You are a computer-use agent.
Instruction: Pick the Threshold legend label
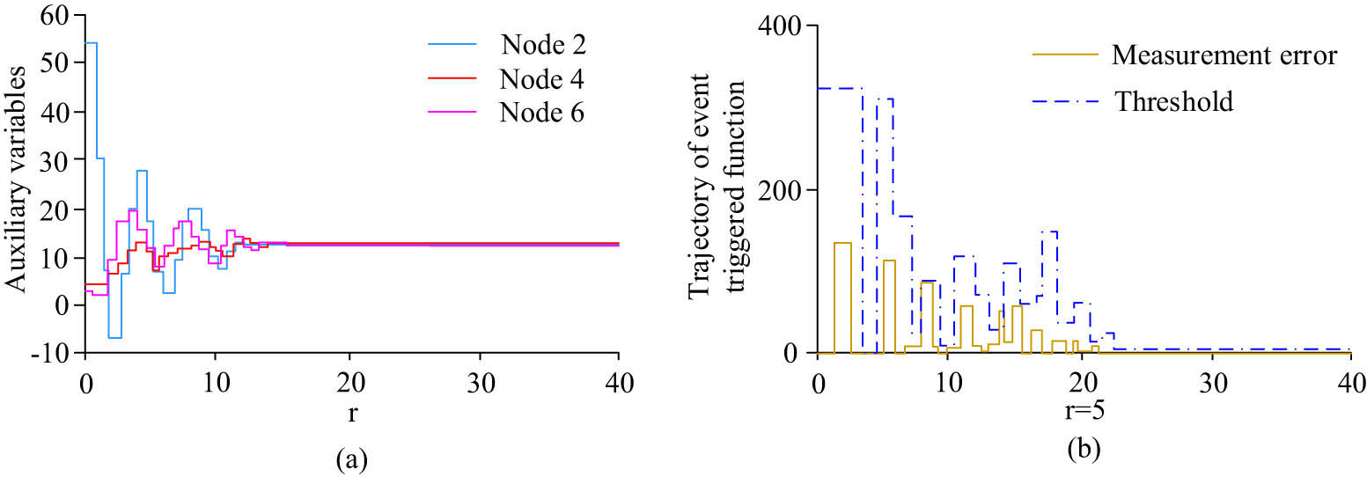click(1174, 101)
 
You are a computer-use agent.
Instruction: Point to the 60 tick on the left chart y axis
click(62, 18)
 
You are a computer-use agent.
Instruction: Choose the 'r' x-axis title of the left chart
click(351, 412)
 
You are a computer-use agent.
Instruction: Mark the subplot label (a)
click(352, 458)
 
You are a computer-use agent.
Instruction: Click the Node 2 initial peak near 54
click(91, 42)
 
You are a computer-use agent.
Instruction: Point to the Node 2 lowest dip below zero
click(114, 337)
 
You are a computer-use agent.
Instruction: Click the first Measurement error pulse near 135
click(842, 242)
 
